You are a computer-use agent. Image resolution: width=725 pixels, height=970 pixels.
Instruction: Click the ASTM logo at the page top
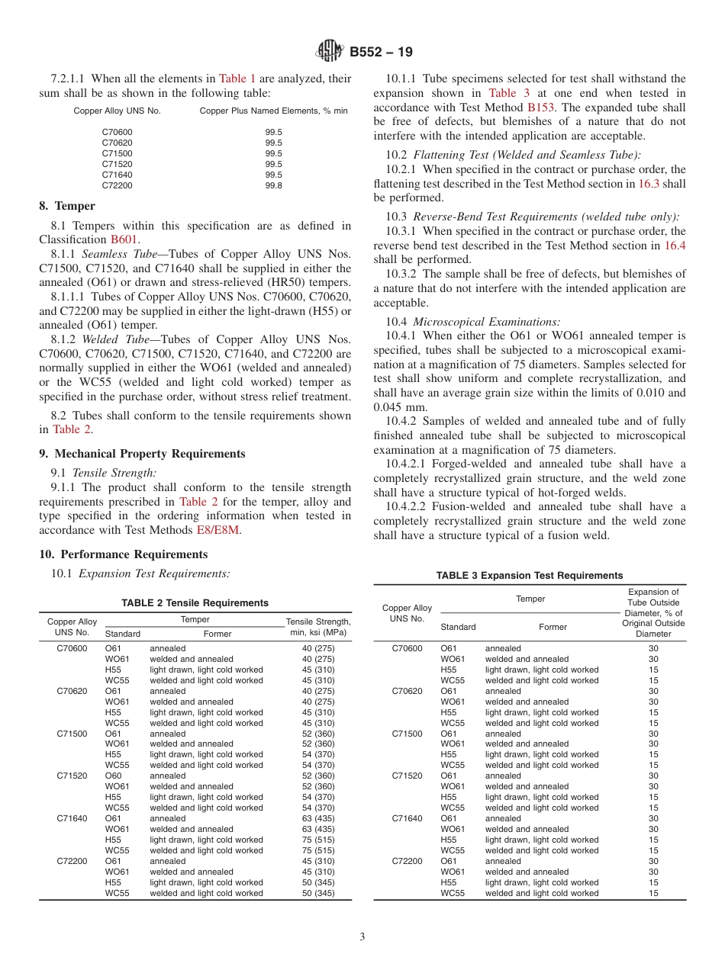[330, 52]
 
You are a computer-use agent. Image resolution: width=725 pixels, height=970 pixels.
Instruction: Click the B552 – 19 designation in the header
[381, 53]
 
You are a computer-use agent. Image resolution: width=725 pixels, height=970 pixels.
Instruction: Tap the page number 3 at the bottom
[362, 937]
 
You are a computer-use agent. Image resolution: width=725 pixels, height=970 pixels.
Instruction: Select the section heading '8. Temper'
[67, 206]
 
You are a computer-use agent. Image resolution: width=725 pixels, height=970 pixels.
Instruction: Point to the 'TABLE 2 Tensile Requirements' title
[195, 603]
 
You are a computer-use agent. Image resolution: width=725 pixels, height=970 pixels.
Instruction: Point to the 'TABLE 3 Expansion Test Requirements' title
[529, 576]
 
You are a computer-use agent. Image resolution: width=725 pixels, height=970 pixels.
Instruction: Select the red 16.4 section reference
[675, 246]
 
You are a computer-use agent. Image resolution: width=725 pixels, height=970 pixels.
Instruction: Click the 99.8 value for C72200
[273, 185]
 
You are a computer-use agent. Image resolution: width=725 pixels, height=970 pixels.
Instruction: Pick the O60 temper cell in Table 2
[113, 776]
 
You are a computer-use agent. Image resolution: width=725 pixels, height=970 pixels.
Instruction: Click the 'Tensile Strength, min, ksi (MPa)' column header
[317, 627]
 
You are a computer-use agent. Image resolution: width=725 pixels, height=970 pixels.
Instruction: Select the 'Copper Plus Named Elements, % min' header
[273, 111]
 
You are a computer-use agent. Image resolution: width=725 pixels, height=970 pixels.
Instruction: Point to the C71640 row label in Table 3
[407, 819]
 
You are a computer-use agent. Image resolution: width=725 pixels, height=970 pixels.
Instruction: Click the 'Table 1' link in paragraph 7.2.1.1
[237, 79]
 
